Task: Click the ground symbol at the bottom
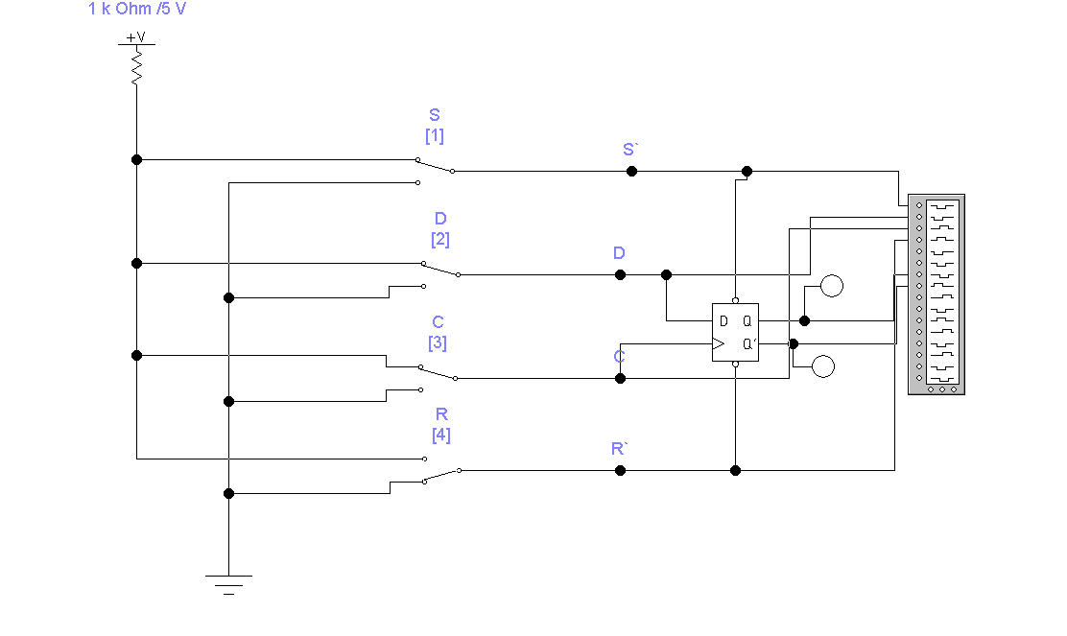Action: point(228,584)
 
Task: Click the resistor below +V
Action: point(137,67)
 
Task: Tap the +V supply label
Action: point(136,36)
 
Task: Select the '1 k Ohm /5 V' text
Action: point(137,9)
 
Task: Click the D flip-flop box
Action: point(735,333)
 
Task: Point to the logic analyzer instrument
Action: point(937,294)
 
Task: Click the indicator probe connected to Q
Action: point(832,286)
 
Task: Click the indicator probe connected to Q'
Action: point(823,366)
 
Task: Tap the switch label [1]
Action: point(435,136)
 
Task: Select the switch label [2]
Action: point(440,240)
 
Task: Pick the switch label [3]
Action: point(438,342)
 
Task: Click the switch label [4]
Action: point(441,435)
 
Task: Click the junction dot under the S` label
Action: point(631,172)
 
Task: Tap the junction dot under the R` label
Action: point(620,471)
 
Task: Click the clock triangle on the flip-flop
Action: point(718,344)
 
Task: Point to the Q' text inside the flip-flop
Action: point(748,344)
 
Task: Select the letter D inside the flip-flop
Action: point(723,321)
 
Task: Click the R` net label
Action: point(619,449)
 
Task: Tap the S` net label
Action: point(630,150)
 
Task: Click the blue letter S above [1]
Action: point(435,115)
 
